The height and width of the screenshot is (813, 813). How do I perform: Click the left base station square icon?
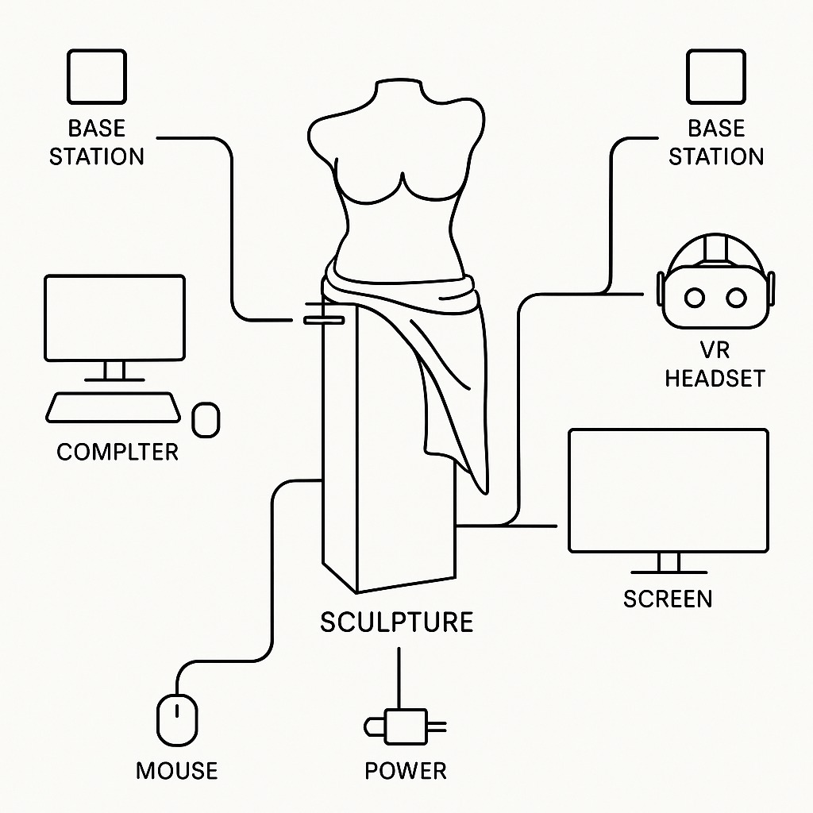coord(97,76)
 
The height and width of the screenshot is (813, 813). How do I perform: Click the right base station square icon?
coord(715,76)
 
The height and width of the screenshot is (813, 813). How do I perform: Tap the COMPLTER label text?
coord(118,453)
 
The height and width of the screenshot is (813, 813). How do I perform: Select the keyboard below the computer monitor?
coord(112,407)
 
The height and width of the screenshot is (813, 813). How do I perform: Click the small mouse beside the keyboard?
coord(206,419)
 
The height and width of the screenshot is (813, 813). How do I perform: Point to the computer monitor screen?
coord(114,317)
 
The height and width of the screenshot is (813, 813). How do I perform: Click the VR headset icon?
coord(715,286)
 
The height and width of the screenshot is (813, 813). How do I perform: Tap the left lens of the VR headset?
coord(695,298)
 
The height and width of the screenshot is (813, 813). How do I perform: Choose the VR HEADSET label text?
coord(715,364)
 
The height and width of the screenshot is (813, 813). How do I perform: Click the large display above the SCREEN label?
coord(669,489)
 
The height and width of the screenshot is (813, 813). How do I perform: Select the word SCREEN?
coord(667,599)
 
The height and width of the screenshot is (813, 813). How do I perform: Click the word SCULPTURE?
coord(397,622)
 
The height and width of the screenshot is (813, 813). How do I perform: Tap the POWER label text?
coord(405,770)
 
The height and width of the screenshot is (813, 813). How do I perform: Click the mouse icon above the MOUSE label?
coord(178,719)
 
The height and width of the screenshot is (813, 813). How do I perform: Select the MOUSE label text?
coord(176,770)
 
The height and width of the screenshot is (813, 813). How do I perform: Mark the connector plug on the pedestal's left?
coord(322,319)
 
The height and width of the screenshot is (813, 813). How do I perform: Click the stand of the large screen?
coord(669,564)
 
